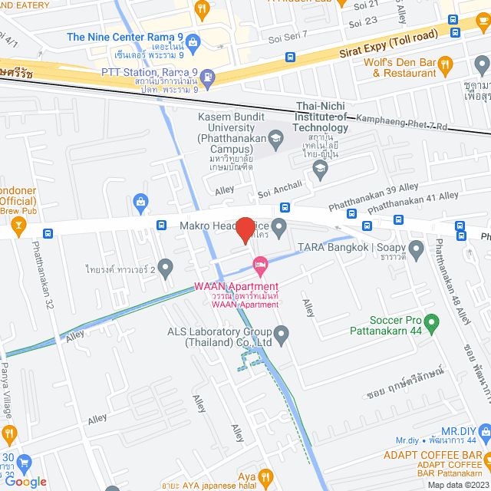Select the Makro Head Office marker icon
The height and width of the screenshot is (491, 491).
pyautogui.click(x=279, y=226)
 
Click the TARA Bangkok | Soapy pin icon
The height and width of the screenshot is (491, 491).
pyautogui.click(x=416, y=248)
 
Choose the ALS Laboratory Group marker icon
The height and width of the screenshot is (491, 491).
pyautogui.click(x=282, y=332)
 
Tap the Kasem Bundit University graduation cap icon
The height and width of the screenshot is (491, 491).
pyautogui.click(x=277, y=137)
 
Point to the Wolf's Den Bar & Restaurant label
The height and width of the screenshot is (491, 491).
pyautogui.click(x=414, y=68)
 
